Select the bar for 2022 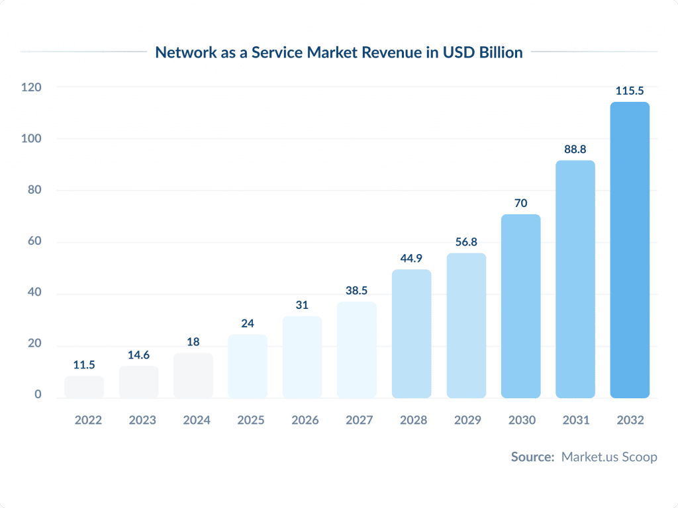pyautogui.click(x=84, y=387)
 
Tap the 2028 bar pyautogui.click(x=411, y=333)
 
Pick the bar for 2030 pyautogui.click(x=520, y=306)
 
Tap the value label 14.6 pyautogui.click(x=138, y=355)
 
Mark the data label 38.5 pyautogui.click(x=357, y=291)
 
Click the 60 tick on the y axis pyautogui.click(x=33, y=241)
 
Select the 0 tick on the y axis pyautogui.click(x=38, y=394)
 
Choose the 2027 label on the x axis pyautogui.click(x=357, y=420)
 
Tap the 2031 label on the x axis pyautogui.click(x=575, y=420)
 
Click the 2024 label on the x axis pyautogui.click(x=193, y=420)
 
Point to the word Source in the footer pyautogui.click(x=532, y=457)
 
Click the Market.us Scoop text pyautogui.click(x=609, y=457)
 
